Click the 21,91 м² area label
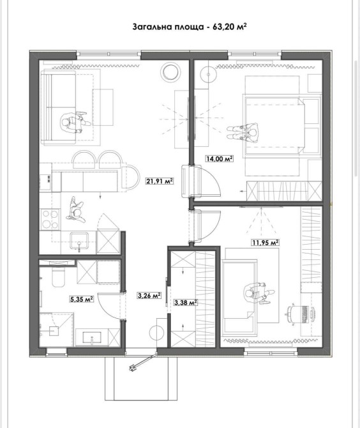[160, 181]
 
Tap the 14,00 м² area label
[220, 158]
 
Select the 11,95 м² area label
[265, 242]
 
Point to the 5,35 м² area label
[82, 300]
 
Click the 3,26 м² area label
[149, 295]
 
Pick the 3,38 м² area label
[186, 302]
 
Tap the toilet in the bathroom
[58, 278]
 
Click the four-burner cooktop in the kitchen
[50, 219]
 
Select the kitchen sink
[79, 241]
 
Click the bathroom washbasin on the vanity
[92, 338]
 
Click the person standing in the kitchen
[75, 210]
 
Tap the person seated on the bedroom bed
[243, 132]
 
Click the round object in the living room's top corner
[170, 72]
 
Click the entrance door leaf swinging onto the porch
[142, 362]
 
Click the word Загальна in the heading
[151, 27]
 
